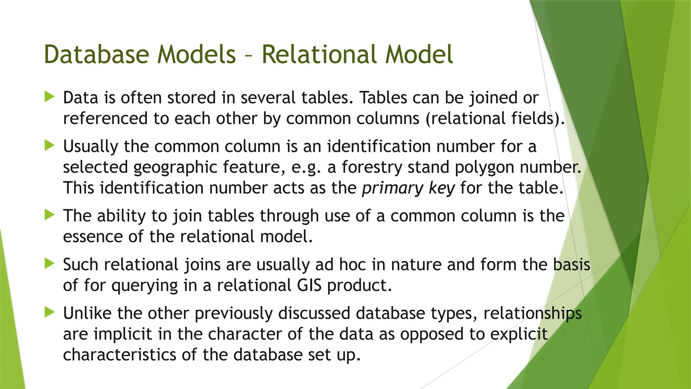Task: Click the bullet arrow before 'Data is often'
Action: click(49, 97)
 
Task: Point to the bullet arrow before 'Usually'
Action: click(49, 146)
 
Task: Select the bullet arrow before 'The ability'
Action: click(49, 215)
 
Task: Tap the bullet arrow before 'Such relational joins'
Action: click(49, 264)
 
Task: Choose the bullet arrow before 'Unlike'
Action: click(49, 312)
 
